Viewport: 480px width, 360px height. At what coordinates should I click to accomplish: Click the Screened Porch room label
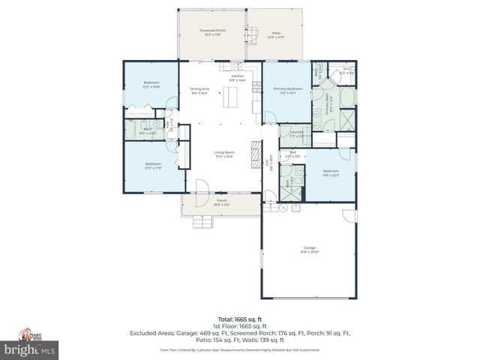212,32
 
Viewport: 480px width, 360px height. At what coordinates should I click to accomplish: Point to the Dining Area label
199,91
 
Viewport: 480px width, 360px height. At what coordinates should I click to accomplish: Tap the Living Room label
224,154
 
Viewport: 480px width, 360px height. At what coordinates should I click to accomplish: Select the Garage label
309,249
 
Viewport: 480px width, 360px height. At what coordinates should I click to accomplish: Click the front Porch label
221,202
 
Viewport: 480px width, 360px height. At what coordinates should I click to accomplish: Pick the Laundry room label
296,134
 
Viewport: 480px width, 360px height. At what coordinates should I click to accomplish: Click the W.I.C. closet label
347,71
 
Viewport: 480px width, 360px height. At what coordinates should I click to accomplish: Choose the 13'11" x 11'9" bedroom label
153,166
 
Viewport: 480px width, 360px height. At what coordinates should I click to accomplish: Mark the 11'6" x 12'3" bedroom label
331,172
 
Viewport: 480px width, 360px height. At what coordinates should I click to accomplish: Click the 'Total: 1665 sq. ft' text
239,318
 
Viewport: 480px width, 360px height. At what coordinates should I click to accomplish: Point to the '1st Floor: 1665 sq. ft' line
239,326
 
